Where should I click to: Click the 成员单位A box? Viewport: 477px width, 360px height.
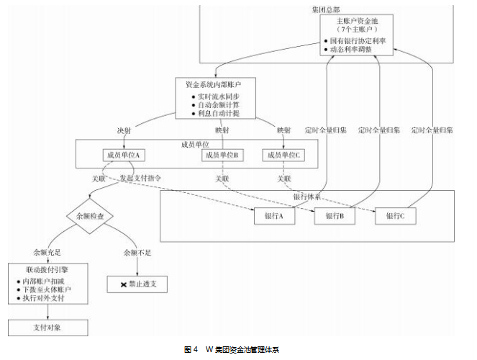[x=124, y=155]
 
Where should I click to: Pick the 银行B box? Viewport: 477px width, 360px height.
[x=335, y=216]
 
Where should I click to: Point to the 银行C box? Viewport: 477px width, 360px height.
[x=395, y=216]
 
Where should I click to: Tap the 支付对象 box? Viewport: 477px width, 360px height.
[x=47, y=327]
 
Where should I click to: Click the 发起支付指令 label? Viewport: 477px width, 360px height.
[x=140, y=177]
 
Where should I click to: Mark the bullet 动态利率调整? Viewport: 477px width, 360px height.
[x=358, y=50]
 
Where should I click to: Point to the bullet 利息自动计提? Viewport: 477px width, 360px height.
[x=218, y=113]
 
